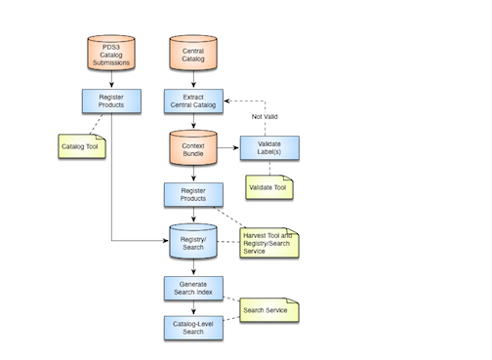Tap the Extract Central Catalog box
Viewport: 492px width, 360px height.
193,100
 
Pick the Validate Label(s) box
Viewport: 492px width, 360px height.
269,148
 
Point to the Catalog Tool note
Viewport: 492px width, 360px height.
86,148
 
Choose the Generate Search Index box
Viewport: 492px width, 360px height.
193,288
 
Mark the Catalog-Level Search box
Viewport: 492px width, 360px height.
193,328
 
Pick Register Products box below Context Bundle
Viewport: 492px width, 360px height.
193,193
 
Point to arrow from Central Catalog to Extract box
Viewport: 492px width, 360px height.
193,83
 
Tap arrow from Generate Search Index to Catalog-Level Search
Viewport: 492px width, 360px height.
193,307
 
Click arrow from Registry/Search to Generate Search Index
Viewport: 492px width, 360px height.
193,267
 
